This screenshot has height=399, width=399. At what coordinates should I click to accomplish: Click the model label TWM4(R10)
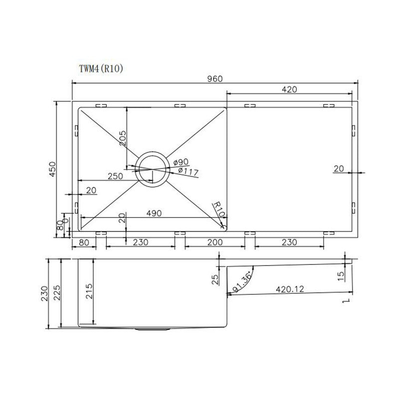pyautogui.click(x=101, y=68)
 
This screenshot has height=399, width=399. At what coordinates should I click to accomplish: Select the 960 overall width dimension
pyautogui.click(x=215, y=79)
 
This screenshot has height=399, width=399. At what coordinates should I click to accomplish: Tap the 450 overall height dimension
pyautogui.click(x=52, y=169)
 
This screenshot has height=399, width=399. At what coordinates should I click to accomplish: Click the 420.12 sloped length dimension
pyautogui.click(x=290, y=289)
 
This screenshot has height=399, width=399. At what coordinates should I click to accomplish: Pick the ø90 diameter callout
pyautogui.click(x=181, y=162)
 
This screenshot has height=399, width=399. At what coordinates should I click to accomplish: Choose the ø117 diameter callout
pyautogui.click(x=189, y=172)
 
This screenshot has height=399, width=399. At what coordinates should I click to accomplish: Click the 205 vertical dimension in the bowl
pyautogui.click(x=123, y=138)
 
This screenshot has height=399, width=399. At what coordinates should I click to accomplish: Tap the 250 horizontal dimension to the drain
pyautogui.click(x=115, y=176)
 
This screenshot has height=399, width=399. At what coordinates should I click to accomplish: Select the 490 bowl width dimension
pyautogui.click(x=154, y=213)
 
